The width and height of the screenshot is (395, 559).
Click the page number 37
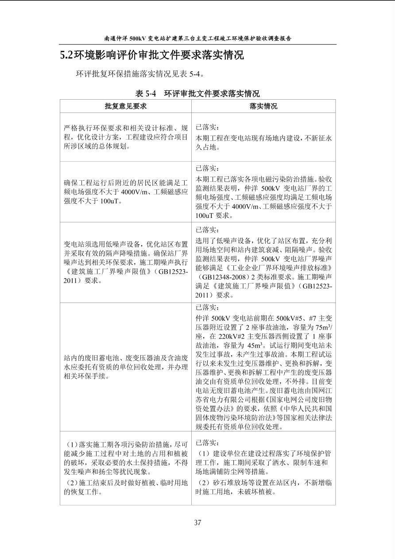197,523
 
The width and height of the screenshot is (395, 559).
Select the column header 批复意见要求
126,106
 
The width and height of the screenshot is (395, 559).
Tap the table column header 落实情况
263,106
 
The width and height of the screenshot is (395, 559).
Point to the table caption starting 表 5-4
197,93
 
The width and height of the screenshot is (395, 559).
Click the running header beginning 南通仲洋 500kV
197,39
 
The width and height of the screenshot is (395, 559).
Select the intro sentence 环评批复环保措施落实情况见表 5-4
140,74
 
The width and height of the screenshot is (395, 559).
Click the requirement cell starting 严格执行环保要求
126,137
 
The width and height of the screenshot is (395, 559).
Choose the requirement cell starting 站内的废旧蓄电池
126,367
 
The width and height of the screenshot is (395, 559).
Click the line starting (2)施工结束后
126,482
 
